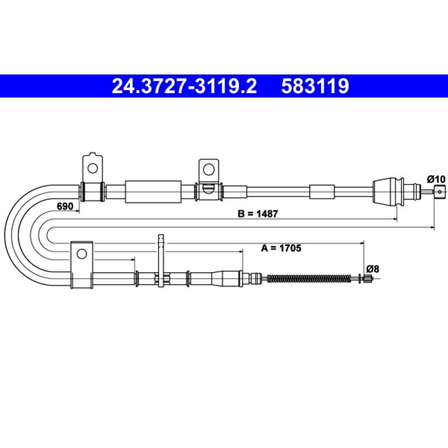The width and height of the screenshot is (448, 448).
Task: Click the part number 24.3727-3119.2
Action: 184,86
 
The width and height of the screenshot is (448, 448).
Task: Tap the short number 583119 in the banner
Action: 315,86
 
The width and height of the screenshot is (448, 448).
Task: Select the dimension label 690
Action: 65,206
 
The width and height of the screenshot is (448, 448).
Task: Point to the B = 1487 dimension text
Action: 258,213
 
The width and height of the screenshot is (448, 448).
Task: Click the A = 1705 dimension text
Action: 281,248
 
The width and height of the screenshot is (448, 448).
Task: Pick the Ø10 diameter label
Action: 436,179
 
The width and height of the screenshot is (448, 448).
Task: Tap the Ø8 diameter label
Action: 372,269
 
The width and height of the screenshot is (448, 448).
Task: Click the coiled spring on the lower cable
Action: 309,278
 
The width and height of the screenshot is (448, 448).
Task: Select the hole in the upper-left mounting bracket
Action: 92,168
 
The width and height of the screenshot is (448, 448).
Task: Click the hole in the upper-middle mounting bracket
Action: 208,170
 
